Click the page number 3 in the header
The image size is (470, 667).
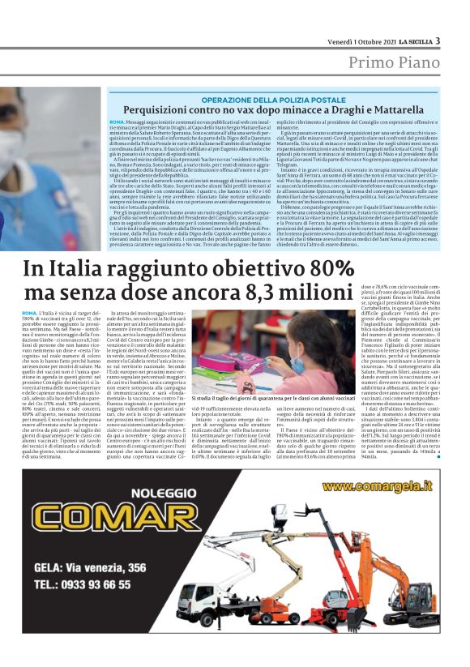click(438, 41)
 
